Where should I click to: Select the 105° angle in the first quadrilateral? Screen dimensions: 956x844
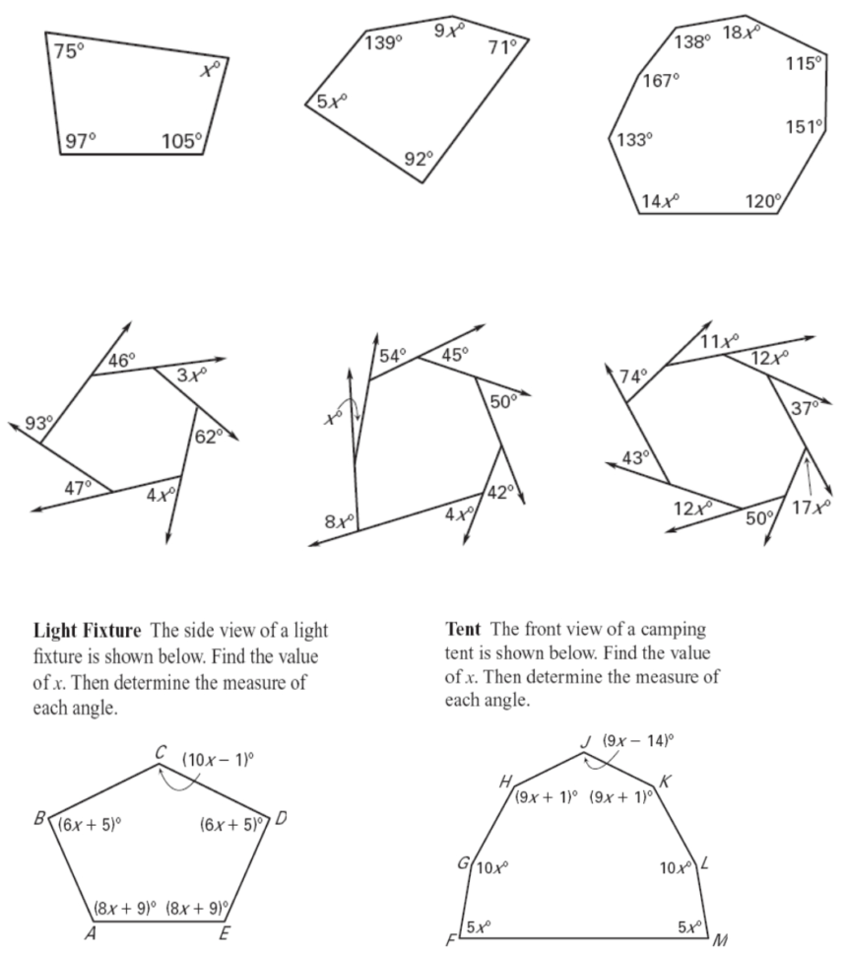[x=181, y=141]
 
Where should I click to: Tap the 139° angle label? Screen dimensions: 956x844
[x=383, y=43]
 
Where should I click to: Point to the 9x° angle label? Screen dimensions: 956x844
[x=449, y=31]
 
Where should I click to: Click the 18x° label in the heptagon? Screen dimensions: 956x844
[x=741, y=33]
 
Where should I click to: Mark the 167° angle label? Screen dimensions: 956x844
[x=661, y=80]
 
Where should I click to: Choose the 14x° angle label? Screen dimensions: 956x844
[x=659, y=201]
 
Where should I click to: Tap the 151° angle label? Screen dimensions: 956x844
[x=804, y=127]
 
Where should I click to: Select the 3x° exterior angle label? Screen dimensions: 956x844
[x=192, y=375]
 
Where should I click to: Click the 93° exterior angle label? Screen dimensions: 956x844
[x=38, y=423]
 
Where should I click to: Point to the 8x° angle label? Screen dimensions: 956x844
[x=339, y=520]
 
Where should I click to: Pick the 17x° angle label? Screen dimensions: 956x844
[x=812, y=508]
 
